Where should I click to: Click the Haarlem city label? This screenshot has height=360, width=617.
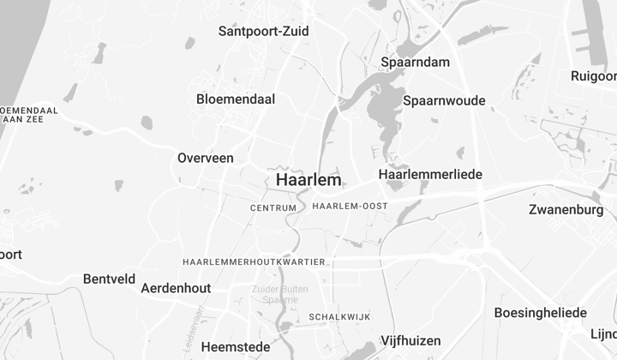tap(308, 180)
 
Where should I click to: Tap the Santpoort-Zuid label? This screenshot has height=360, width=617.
tap(263, 32)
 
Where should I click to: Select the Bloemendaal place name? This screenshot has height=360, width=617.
tap(236, 99)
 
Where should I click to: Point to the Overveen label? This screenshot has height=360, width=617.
tap(206, 158)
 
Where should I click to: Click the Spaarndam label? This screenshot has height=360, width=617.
tap(415, 62)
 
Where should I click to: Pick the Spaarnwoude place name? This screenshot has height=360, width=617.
tap(444, 100)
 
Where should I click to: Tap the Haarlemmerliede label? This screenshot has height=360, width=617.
tap(430, 175)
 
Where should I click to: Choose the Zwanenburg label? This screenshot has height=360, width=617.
tap(566, 210)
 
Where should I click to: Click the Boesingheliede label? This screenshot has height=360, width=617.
tap(540, 313)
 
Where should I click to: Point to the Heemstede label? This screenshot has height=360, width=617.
tap(236, 347)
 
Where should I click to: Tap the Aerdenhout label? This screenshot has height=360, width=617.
tap(176, 288)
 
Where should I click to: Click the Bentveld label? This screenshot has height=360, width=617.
tap(109, 279)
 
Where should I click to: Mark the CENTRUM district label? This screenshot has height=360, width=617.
tap(273, 208)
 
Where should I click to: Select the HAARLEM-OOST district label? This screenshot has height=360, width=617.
tap(350, 207)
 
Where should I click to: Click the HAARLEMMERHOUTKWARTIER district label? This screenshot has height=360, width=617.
tap(254, 261)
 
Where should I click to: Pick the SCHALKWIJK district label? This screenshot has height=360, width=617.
tap(339, 317)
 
